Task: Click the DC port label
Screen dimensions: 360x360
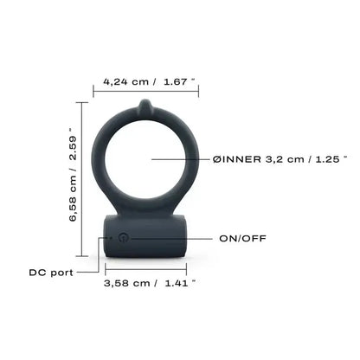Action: [47, 271]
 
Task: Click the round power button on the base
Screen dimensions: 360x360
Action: [123, 236]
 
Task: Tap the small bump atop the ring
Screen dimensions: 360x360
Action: [145, 107]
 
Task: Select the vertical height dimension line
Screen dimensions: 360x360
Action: [84, 180]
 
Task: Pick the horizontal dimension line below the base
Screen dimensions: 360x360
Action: [145, 268]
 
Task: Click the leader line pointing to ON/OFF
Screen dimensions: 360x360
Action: [173, 235]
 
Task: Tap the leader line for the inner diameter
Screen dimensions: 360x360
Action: [177, 159]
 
